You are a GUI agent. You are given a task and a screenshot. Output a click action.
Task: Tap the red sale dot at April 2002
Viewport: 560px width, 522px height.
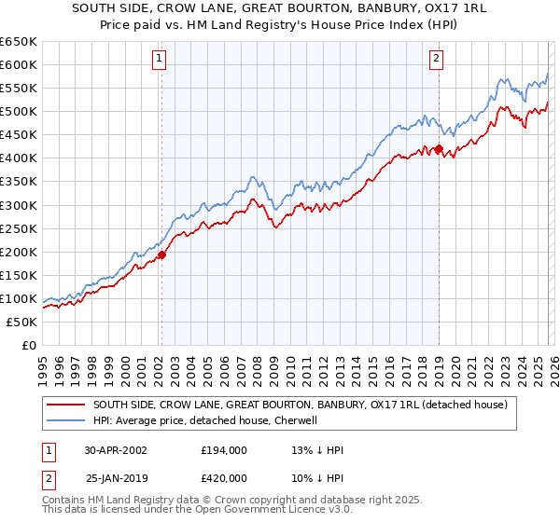(x=161, y=254)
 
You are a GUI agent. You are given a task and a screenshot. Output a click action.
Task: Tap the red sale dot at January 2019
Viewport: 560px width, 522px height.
(x=438, y=148)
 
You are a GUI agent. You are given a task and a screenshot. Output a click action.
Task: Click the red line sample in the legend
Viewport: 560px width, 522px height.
(x=66, y=405)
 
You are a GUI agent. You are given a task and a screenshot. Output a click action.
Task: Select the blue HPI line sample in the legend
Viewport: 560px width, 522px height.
(x=66, y=420)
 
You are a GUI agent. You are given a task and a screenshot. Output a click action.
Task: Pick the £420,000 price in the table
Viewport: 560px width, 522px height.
(x=224, y=477)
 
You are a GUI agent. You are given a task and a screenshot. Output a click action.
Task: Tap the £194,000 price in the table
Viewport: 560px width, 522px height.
(x=224, y=449)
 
